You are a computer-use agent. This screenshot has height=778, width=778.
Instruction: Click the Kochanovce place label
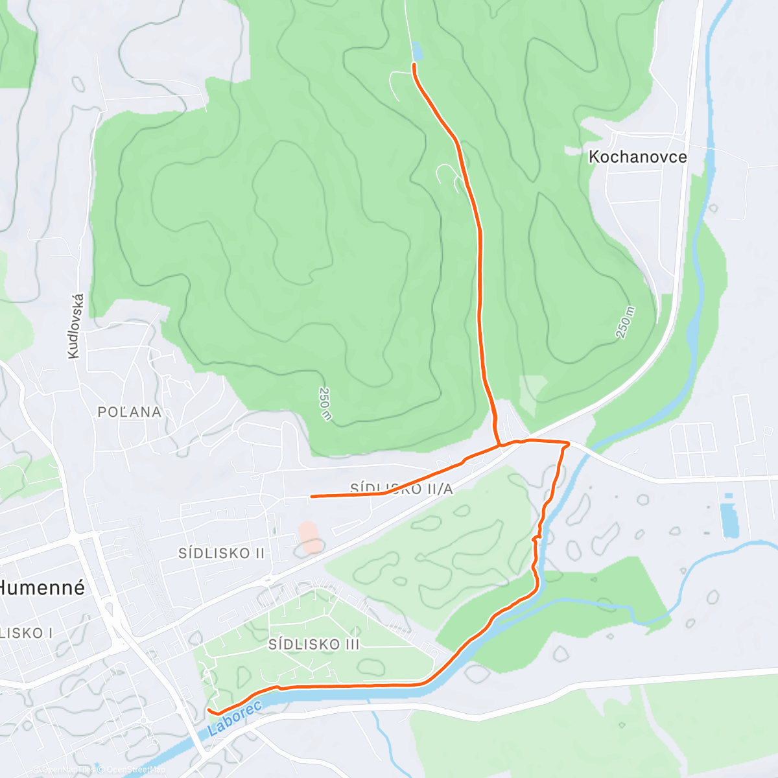click(637, 157)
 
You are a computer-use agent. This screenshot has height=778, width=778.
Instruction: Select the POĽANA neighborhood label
click(129, 412)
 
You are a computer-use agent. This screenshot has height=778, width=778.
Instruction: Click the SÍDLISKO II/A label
click(401, 489)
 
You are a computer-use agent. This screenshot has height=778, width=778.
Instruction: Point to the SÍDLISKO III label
click(313, 644)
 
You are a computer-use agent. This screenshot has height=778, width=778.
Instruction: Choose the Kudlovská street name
click(76, 325)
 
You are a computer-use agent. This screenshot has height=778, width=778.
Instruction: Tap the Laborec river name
click(235, 718)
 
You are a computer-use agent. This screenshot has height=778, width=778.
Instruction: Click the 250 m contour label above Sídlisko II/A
click(325, 403)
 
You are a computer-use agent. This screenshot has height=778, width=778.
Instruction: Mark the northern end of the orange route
click(414, 64)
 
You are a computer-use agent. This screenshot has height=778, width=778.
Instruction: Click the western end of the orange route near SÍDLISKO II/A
click(312, 496)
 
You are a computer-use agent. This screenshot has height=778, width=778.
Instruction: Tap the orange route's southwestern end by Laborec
click(208, 710)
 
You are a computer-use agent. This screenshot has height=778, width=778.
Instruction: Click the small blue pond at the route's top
click(416, 51)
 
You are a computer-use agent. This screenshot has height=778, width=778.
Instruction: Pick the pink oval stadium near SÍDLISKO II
click(311, 537)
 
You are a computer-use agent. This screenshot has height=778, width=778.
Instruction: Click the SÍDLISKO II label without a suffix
click(222, 553)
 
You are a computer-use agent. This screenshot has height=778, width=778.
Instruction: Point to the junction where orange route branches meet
click(500, 445)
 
